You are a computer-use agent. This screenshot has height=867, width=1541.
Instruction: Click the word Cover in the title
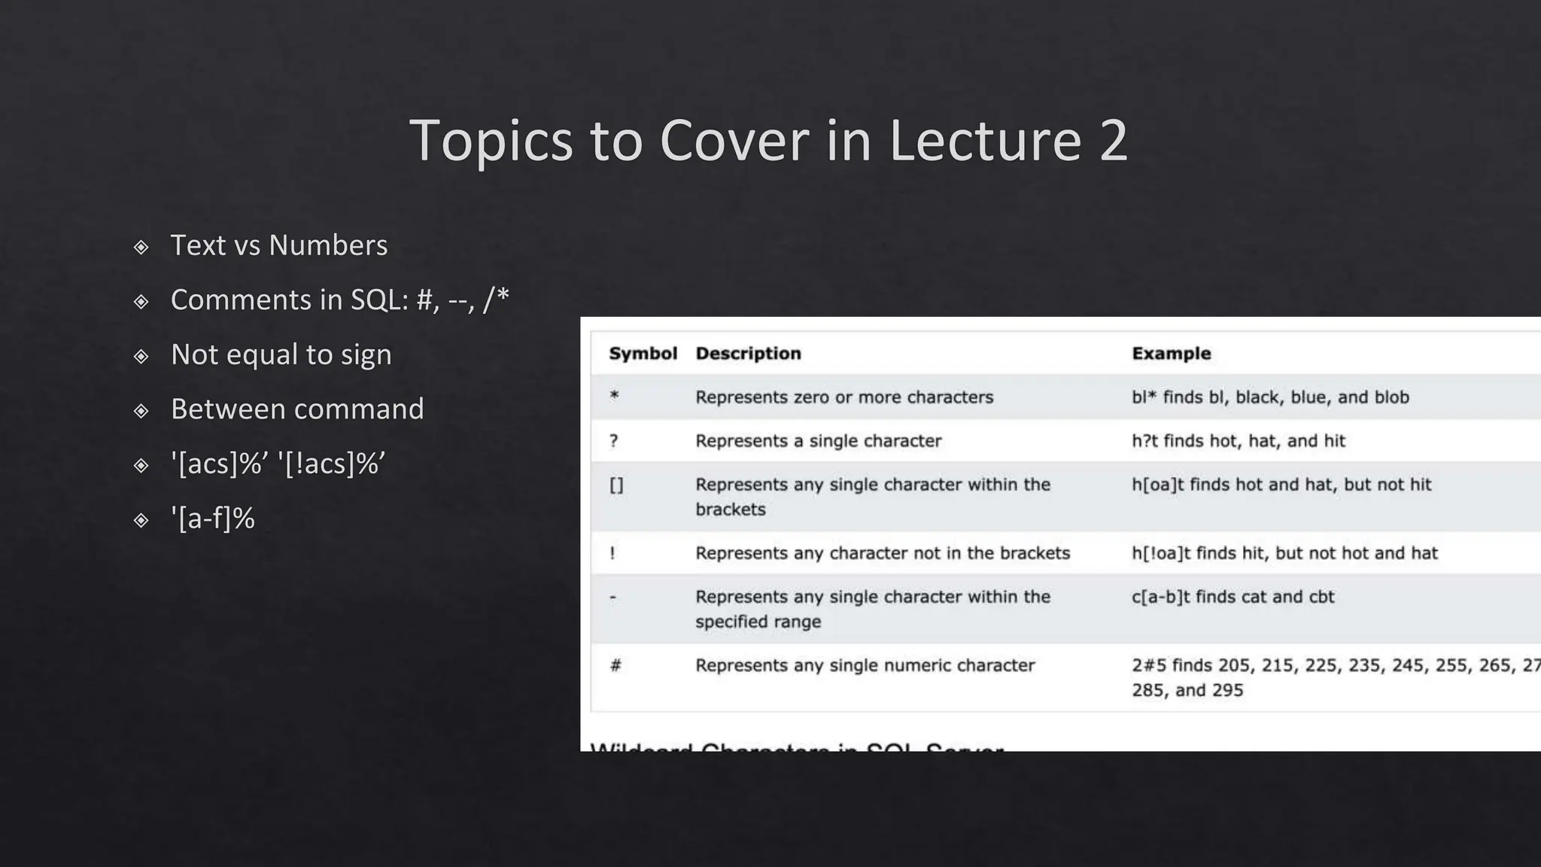[725, 141]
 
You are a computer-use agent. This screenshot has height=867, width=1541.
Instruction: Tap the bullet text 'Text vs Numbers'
[279, 245]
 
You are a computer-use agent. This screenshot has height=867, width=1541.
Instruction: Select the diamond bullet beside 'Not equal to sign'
[141, 356]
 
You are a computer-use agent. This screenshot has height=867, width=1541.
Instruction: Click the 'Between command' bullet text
[297, 409]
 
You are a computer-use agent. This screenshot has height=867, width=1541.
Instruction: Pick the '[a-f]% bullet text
[213, 519]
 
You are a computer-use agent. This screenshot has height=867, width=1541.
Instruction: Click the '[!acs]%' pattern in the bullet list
[332, 464]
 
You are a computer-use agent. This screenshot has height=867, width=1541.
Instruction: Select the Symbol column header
[643, 354]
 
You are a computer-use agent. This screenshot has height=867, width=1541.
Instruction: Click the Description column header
[748, 354]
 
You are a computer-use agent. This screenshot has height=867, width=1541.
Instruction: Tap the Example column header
[1171, 354]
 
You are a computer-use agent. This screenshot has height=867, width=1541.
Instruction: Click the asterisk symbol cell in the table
[614, 396]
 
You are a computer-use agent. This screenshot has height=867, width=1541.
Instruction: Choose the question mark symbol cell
[614, 441]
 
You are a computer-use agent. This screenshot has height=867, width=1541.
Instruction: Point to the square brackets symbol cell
[616, 485]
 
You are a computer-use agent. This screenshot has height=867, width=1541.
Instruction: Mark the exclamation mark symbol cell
[612, 553]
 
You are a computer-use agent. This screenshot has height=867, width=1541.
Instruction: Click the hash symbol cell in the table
[615, 665]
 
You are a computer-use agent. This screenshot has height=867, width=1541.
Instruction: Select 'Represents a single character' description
[818, 441]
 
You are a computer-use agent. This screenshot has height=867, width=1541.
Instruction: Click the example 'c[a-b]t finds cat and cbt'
[1232, 597]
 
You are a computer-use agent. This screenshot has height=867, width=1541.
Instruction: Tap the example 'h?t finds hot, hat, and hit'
[1238, 441]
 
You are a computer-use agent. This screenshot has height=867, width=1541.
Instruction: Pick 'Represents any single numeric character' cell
[865, 665]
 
